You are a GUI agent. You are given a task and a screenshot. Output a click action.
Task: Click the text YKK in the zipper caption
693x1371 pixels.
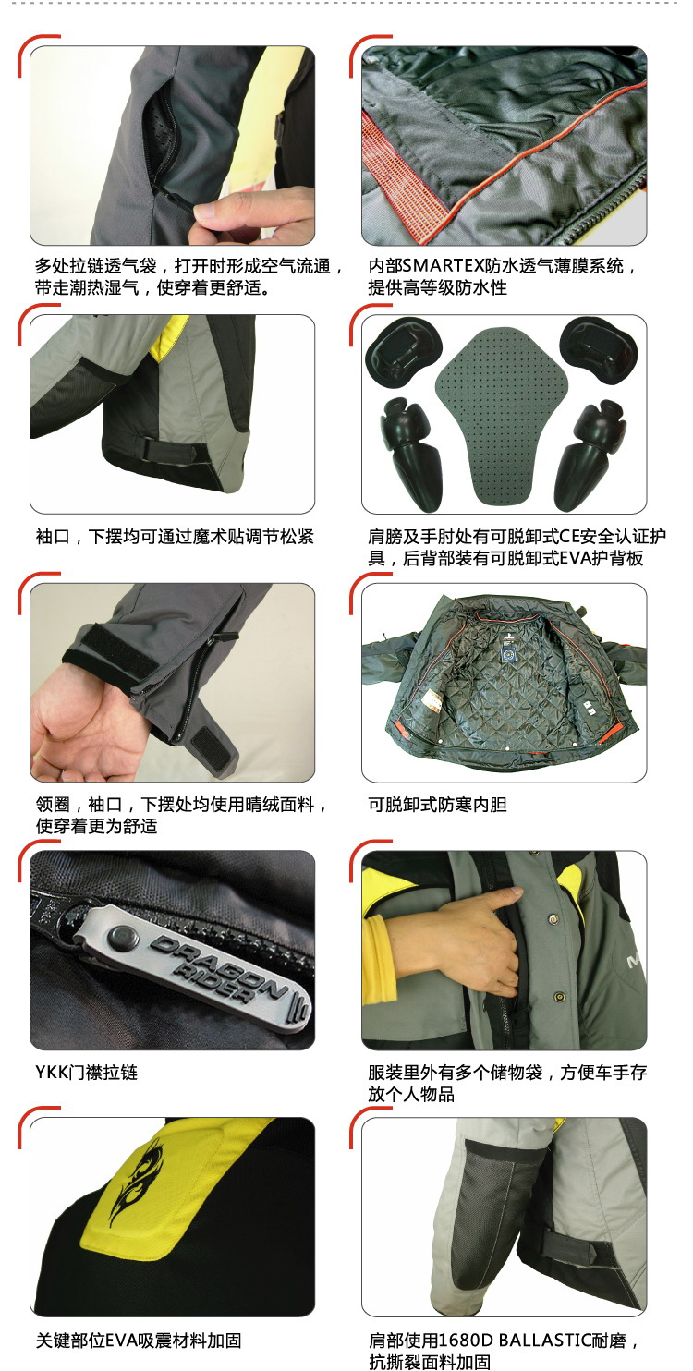pos(52,1073)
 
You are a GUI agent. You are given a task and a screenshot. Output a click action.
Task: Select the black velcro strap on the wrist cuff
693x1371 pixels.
pos(93,647)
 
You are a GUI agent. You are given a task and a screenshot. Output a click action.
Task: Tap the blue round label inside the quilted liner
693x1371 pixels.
pos(505,654)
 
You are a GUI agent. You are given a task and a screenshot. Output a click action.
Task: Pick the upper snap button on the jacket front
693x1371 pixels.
pos(553,918)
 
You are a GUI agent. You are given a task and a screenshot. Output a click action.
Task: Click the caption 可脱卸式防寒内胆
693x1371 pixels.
pos(437,805)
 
